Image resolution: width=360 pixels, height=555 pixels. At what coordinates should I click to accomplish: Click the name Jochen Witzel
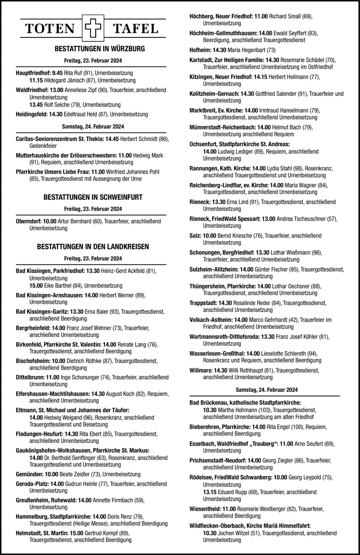tap(233, 533)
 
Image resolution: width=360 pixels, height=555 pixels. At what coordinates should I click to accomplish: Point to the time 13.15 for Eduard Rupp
tap(211, 492)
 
